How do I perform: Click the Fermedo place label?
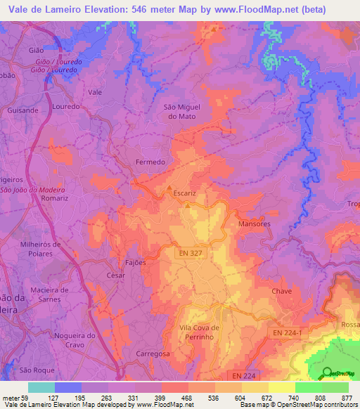(150, 162)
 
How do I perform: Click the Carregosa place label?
(153, 354)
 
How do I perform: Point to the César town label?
(115, 275)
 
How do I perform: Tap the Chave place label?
(281, 290)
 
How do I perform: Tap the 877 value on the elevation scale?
(347, 397)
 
